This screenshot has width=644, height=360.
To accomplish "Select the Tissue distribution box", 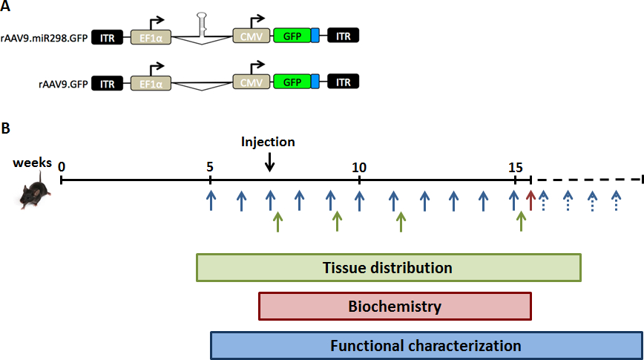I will pyautogui.click(x=388, y=268).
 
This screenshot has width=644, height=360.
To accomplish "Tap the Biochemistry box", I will pyautogui.click(x=395, y=306).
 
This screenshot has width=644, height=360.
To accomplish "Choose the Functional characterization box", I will pyautogui.click(x=426, y=346).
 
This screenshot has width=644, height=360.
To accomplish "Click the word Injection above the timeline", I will pyautogui.click(x=268, y=142).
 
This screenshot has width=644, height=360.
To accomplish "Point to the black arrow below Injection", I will pyautogui.click(x=270, y=160).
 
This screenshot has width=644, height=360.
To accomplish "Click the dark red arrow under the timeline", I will pyautogui.click(x=530, y=200).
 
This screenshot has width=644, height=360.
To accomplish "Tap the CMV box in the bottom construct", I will pyautogui.click(x=252, y=82).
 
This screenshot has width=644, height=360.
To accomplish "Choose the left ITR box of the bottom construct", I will pyautogui.click(x=108, y=82).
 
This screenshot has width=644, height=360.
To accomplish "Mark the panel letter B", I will pyautogui.click(x=6, y=128).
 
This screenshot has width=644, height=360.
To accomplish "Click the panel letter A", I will pyautogui.click(x=6, y=7).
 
